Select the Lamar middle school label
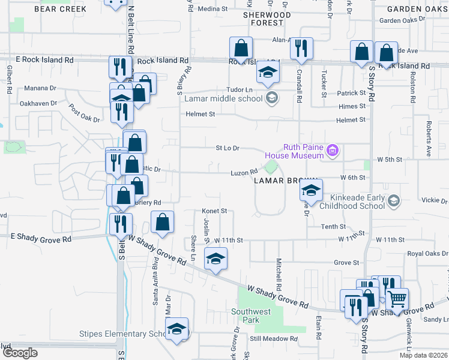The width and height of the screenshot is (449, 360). pos(224,98)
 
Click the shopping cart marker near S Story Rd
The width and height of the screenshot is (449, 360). pos(397,298)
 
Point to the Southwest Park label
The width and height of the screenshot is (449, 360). pos(252,316)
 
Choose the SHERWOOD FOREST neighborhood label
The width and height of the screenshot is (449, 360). pos(267,19)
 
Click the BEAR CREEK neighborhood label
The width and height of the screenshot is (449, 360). pos(61,9)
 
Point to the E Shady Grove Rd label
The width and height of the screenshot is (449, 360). pos(41,239)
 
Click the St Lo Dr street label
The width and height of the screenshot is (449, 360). pos(228,148)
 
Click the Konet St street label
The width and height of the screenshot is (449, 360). pos(214,211)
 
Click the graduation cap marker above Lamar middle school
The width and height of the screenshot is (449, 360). pos(268,73)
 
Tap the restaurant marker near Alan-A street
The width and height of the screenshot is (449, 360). pos(301,48)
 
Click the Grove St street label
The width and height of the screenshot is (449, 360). pos(346,263)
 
